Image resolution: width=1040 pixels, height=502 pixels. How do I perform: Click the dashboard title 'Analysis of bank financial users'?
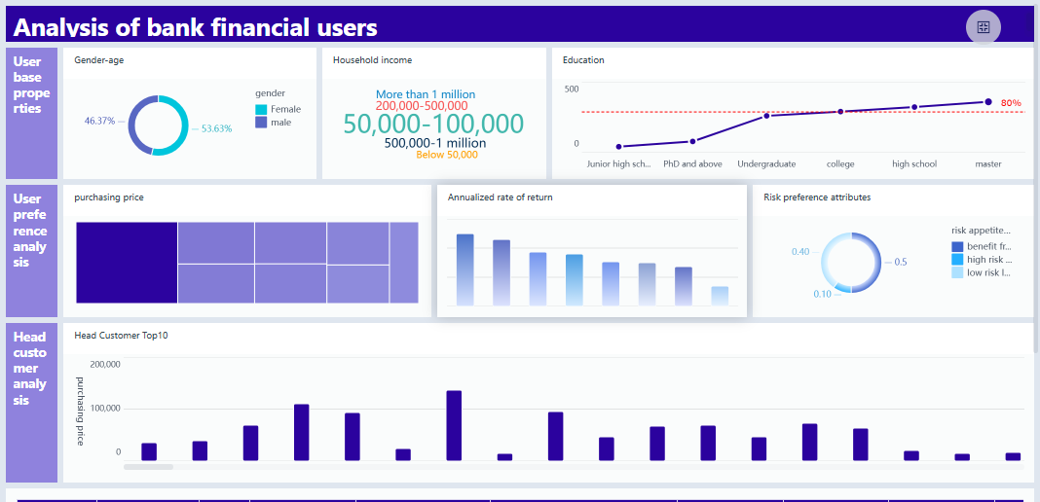pos(195,28)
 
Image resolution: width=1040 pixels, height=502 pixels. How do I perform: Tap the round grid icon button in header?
pos(983,27)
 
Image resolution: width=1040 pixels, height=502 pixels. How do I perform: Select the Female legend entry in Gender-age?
pos(279,109)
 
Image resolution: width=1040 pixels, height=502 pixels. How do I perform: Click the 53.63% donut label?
pos(216,128)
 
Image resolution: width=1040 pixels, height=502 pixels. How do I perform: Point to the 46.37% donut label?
pos(99,122)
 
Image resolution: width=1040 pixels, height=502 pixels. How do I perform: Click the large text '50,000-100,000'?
pos(433,124)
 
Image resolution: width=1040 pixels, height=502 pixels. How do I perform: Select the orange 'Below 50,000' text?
pos(446,155)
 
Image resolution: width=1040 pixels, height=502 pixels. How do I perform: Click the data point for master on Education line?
pos(987,102)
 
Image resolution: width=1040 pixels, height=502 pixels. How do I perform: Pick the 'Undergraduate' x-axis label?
pos(765,164)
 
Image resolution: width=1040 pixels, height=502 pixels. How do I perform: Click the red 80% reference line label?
pos(1010,103)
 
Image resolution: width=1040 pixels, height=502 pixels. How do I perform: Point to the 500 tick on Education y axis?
pos(571,90)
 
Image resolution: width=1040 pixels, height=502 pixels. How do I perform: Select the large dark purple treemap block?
pos(127,263)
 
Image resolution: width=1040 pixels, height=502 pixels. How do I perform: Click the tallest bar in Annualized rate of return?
pos(465,269)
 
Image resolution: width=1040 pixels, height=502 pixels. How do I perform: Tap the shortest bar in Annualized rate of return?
pos(719,296)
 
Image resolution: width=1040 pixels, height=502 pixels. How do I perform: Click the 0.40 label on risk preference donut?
pos(800,252)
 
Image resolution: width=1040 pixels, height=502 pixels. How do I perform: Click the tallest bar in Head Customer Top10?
pos(454,425)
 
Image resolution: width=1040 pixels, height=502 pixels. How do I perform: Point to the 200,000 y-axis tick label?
pos(104,365)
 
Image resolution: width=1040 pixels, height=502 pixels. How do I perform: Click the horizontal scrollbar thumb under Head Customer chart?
pos(148,467)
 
